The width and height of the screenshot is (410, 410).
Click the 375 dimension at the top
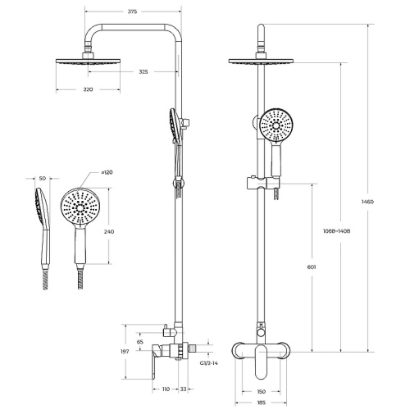click(x=131, y=12)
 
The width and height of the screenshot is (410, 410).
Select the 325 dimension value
click(x=143, y=72)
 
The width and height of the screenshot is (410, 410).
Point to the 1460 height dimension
click(x=380, y=202)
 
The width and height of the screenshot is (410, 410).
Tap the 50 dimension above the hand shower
click(x=43, y=177)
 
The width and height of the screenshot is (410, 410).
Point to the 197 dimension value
click(x=125, y=352)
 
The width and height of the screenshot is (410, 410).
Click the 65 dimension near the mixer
click(x=140, y=341)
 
